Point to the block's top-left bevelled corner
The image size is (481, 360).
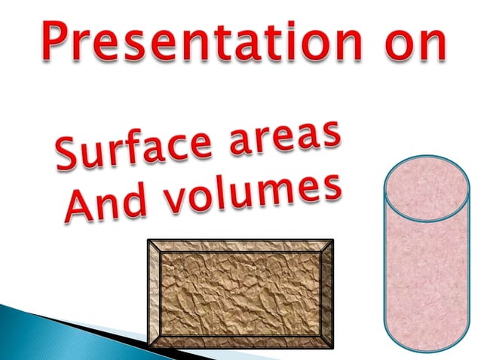click(154, 246)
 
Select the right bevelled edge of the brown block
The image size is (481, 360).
click(326, 294)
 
